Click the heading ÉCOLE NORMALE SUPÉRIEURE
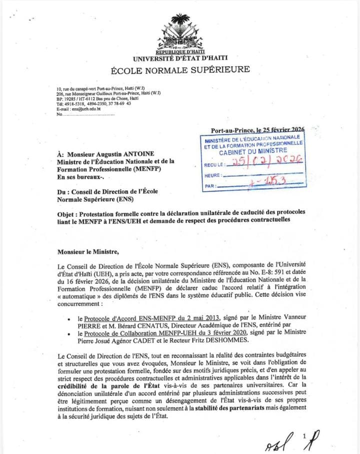pyautogui.click(x=180, y=70)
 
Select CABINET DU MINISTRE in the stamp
pyautogui.click(x=253, y=151)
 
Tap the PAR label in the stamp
pyautogui.click(x=209, y=186)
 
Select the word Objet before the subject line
pyautogui.click(x=67, y=212)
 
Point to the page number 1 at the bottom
pyautogui.click(x=304, y=436)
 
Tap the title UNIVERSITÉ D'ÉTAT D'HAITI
pyautogui.click(x=180, y=58)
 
